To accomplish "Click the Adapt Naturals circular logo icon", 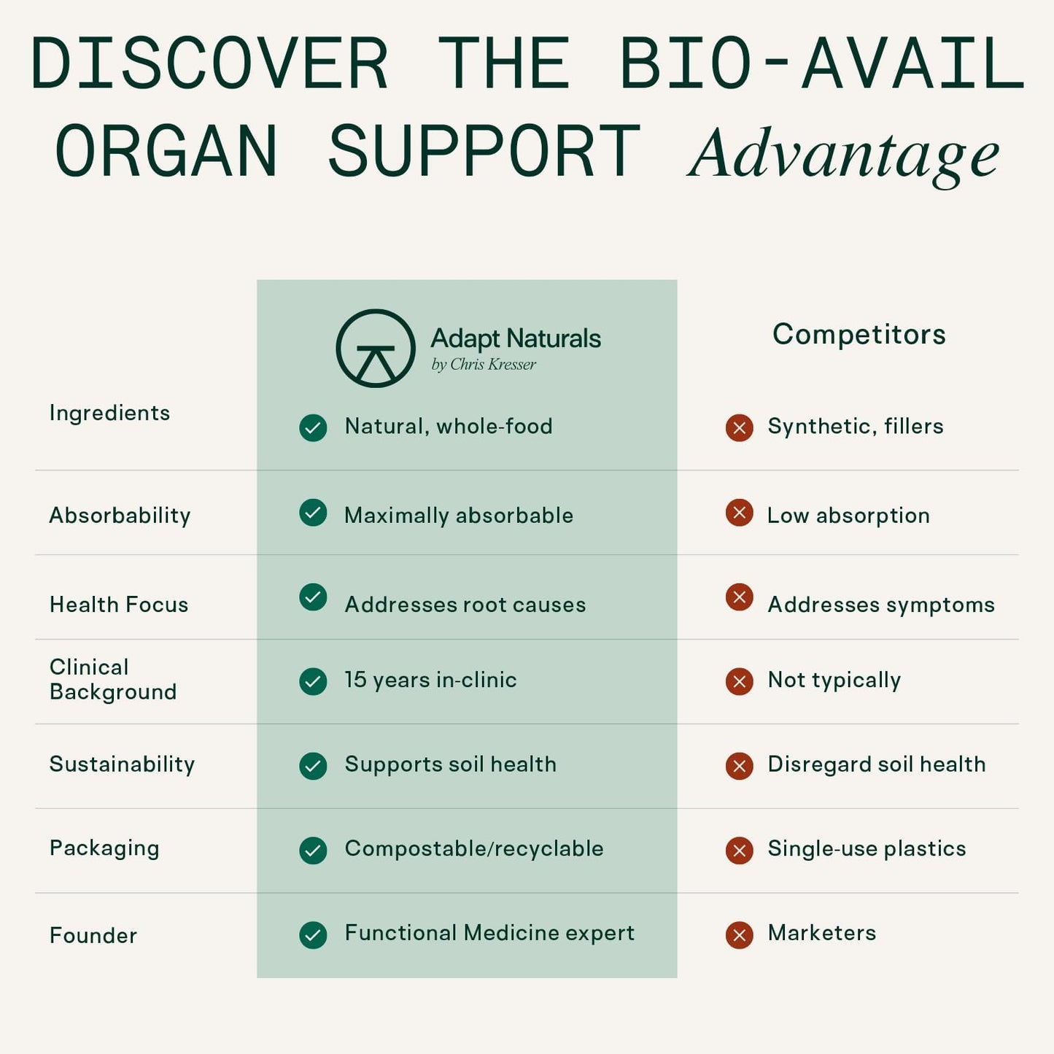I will [x=376, y=349].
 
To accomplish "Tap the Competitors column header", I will [x=859, y=335].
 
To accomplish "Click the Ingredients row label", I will [x=109, y=413].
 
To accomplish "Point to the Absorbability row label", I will [x=120, y=516].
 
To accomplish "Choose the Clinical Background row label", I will [x=112, y=679].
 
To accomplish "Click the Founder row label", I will [x=93, y=936].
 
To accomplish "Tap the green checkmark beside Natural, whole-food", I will [x=313, y=427].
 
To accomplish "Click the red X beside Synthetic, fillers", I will [x=739, y=427].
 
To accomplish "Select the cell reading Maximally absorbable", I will [x=458, y=516].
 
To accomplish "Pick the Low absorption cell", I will [x=848, y=516].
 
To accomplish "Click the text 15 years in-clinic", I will [x=430, y=680].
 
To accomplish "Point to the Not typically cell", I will [x=834, y=680].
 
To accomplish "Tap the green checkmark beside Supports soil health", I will [x=313, y=766].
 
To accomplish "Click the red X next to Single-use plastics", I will [x=739, y=850].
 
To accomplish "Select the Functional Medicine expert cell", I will [x=489, y=933].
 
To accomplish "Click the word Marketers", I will [x=821, y=933].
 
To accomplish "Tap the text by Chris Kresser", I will [x=483, y=365].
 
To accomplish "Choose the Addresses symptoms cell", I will [x=880, y=605].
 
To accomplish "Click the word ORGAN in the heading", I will [x=166, y=152].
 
